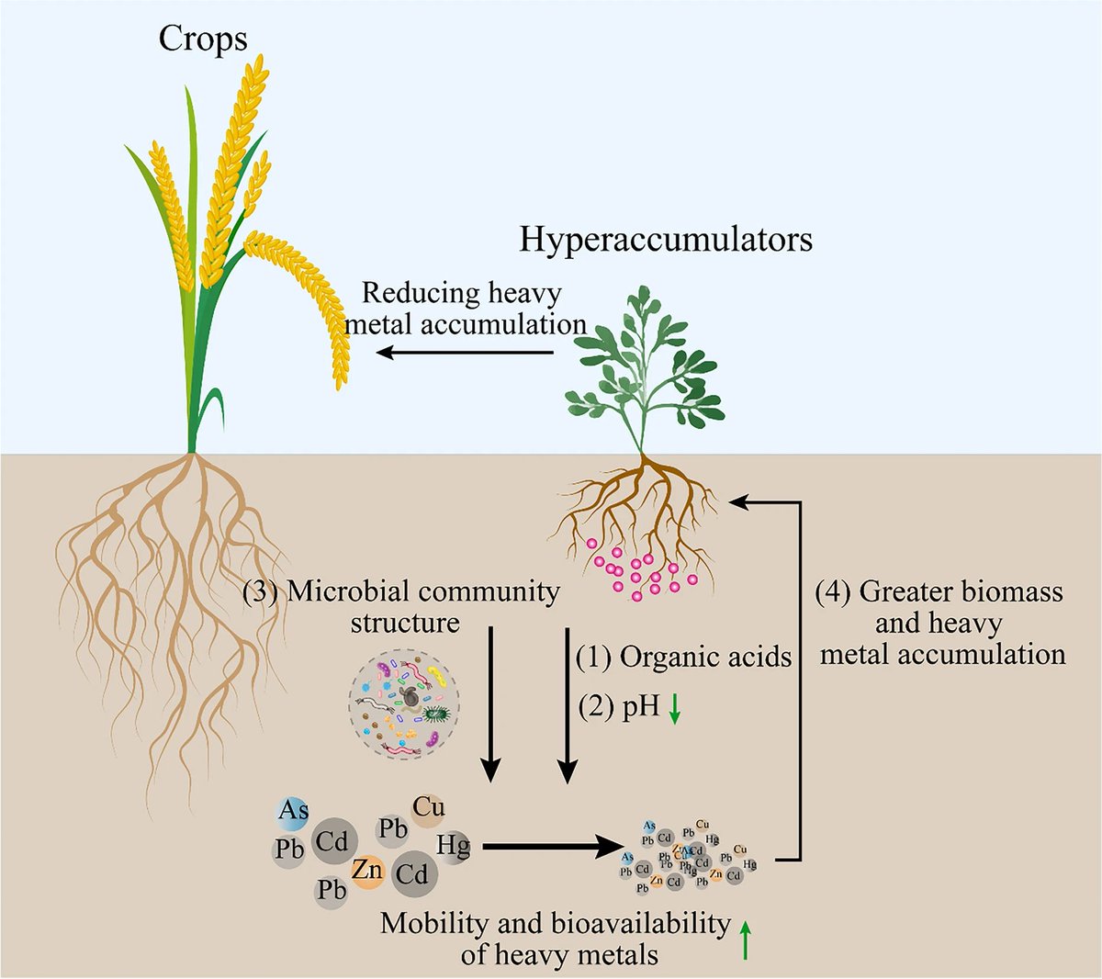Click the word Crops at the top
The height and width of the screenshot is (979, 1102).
click(203, 39)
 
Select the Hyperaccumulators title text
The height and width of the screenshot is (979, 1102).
click(666, 241)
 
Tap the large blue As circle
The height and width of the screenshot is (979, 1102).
click(293, 811)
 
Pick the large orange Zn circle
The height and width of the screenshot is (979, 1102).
click(367, 869)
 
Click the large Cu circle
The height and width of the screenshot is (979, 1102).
click(428, 808)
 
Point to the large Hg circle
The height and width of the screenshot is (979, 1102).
click(454, 845)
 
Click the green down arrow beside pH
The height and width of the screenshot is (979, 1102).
click(675, 708)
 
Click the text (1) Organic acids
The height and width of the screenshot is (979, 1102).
click(683, 658)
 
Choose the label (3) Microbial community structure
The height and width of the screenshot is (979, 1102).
click(401, 607)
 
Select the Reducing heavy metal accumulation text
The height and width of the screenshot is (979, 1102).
click(464, 309)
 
